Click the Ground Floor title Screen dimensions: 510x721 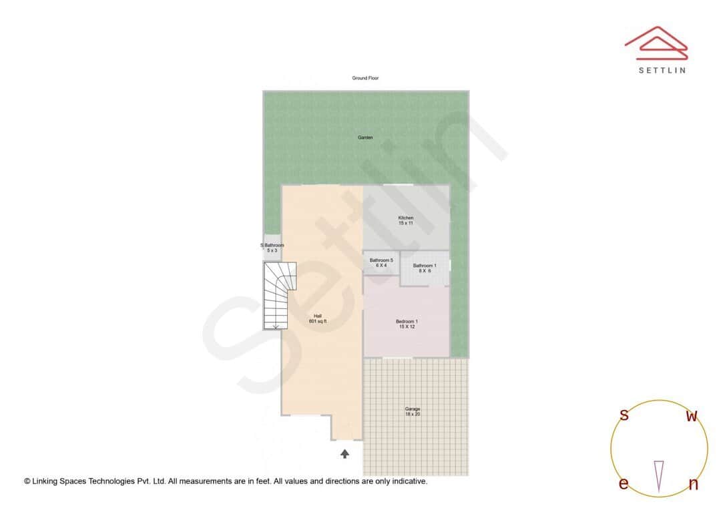(x=365, y=78)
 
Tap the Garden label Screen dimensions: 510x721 (x=365, y=138)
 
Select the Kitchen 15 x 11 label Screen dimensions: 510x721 (x=406, y=220)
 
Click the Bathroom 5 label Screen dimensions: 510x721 (x=381, y=262)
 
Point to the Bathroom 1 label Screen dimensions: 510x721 (x=425, y=268)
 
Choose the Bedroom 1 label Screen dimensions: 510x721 (x=407, y=324)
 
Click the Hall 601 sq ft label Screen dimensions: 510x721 (x=318, y=318)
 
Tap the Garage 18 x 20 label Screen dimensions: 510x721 (x=413, y=411)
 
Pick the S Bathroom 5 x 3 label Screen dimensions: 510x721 (x=272, y=248)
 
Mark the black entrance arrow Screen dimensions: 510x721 (x=344, y=454)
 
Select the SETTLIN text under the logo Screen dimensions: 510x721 (x=662, y=70)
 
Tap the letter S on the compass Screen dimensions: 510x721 (x=624, y=415)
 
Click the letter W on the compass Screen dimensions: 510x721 (x=692, y=417)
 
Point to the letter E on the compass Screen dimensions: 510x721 (x=624, y=484)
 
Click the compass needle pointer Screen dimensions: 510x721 (x=659, y=476)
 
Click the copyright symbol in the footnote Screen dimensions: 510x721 (x=27, y=481)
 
